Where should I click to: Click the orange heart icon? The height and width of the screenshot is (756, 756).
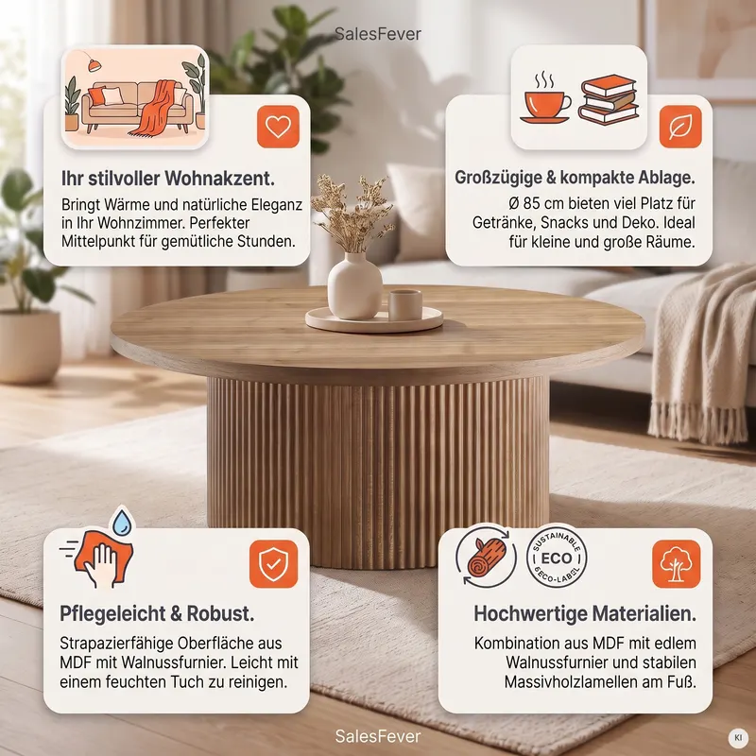pos(278,127)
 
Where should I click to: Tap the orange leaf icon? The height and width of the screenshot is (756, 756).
pos(680,127)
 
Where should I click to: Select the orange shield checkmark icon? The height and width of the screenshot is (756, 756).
pos(273,563)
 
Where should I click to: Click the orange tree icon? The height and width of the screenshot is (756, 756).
pos(676,563)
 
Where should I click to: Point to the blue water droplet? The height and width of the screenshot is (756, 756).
pos(122,522)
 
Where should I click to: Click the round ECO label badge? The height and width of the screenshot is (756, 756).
pos(557,557)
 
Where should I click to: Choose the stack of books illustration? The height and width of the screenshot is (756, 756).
pos(608,99)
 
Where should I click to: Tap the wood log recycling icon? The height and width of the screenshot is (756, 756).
pos(486,556)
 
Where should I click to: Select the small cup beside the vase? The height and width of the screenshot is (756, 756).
pos(405,304)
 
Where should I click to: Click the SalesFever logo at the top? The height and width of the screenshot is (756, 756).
pos(377,34)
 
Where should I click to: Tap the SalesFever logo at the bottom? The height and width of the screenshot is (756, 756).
pos(377,736)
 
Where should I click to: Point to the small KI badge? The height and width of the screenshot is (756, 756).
pos(738,738)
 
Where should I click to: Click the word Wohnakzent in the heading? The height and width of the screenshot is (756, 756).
pos(219,179)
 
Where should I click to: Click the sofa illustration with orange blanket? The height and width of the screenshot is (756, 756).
pos(135,97)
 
